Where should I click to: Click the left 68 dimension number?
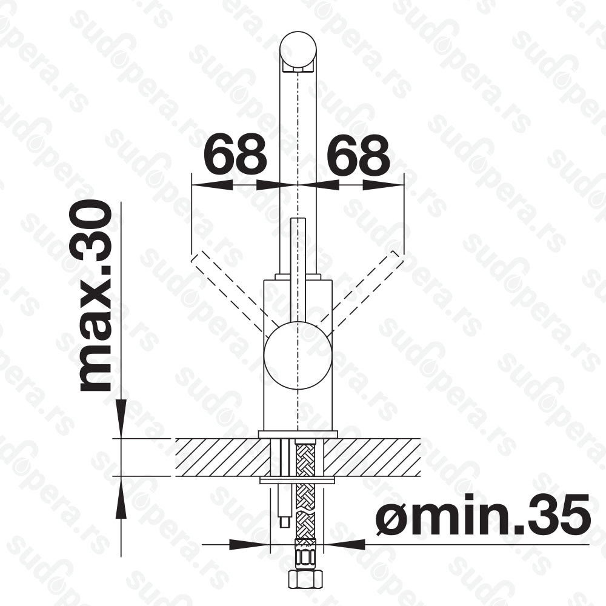tap(235, 154)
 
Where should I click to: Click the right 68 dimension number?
tap(358, 154)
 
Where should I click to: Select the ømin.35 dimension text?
tap(483, 514)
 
